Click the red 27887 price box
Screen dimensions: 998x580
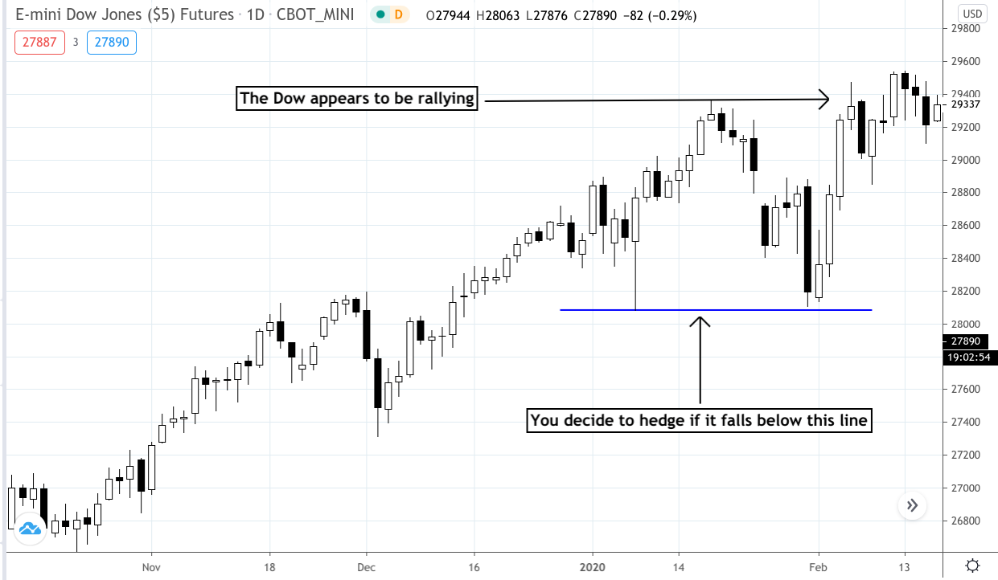(39, 43)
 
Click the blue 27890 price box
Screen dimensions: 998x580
(112, 43)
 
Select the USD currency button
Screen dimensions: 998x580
(972, 14)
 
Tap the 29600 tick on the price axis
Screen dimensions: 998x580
(966, 61)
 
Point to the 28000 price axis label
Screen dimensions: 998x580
(966, 324)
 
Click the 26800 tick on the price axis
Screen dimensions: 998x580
(966, 521)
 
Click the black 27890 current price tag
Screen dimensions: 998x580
(966, 341)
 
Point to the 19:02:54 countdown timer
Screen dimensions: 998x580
(969, 357)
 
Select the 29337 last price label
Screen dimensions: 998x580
(966, 104)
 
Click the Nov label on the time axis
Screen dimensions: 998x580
(151, 567)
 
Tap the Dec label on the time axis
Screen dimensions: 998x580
(366, 567)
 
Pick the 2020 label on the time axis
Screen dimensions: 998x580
(592, 567)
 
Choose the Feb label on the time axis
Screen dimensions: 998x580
(818, 567)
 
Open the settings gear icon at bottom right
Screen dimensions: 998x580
(972, 566)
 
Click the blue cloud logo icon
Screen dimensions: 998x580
(30, 529)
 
